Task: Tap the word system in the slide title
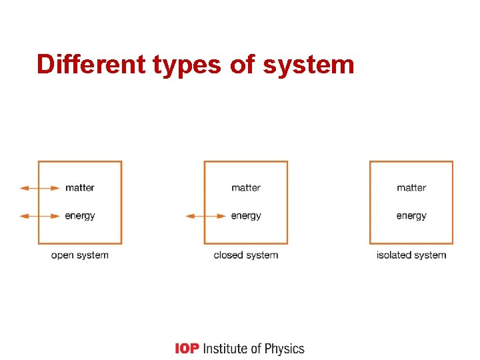coord(309,65)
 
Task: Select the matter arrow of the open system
coord(40,188)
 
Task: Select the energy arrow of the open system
coord(40,216)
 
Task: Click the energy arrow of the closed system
coord(206,216)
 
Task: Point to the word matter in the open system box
coord(80,188)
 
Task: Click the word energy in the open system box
coord(80,216)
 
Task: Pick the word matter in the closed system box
coord(246,188)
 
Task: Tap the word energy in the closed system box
coord(246,216)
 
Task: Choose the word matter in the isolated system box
coord(411,188)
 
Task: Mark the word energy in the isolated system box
coord(411,216)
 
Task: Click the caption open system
coord(79,255)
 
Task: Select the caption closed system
coord(245,255)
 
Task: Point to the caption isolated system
coord(411,255)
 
